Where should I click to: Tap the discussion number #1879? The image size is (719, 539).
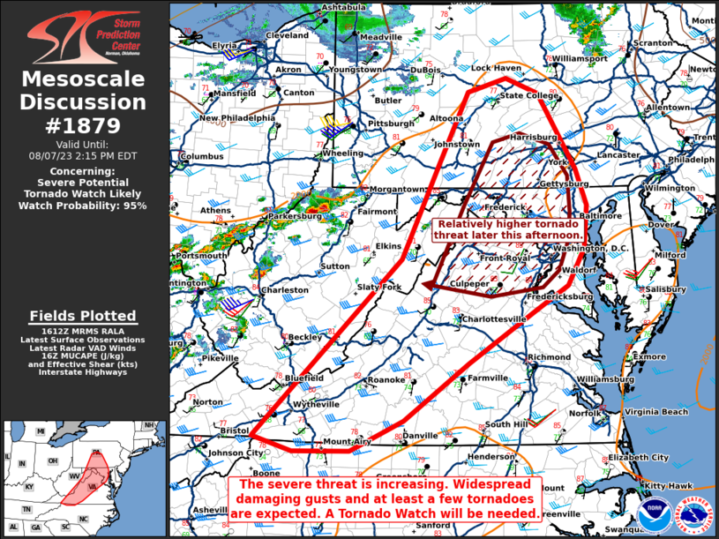click(83, 125)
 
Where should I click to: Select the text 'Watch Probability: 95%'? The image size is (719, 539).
click(83, 205)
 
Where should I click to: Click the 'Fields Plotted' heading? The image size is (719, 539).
click(83, 316)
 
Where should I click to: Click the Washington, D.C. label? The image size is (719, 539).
click(591, 248)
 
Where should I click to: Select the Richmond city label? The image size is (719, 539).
click(549, 357)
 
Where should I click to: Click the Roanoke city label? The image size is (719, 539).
click(386, 380)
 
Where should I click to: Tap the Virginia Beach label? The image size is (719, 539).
click(656, 412)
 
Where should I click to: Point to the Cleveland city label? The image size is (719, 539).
click(288, 35)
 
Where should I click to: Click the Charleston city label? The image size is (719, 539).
click(284, 289)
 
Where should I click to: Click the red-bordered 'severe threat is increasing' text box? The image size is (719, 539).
click(386, 499)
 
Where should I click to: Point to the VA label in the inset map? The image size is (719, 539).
click(93, 486)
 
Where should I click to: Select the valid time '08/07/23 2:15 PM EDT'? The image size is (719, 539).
click(83, 155)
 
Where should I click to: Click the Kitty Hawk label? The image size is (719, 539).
click(667, 486)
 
